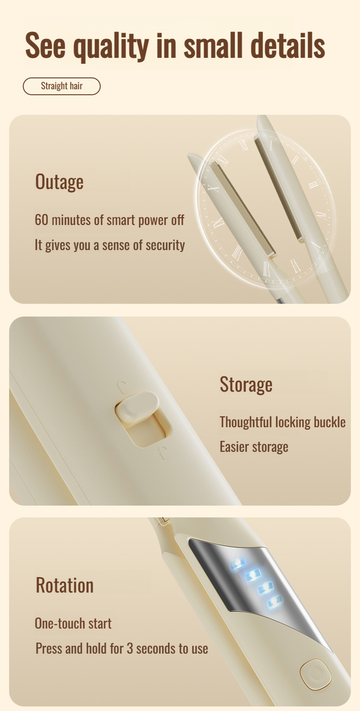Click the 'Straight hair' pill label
click(x=62, y=86)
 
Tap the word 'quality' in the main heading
click(x=111, y=46)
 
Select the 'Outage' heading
click(x=59, y=182)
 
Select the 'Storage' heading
click(x=246, y=385)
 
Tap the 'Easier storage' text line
click(x=254, y=447)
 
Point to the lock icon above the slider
click(x=123, y=387)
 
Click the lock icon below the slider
click(x=164, y=452)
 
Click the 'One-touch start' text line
click(x=73, y=624)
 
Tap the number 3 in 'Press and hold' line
click(x=129, y=648)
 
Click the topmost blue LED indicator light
click(x=237, y=564)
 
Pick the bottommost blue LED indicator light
click(x=275, y=601)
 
